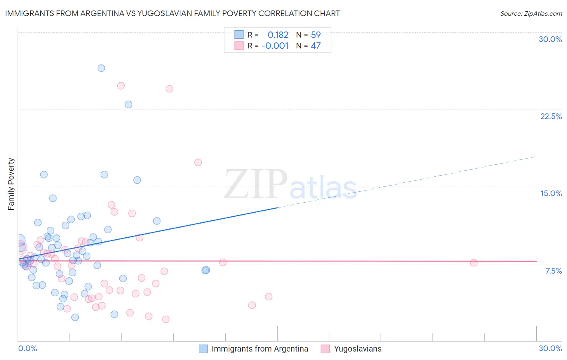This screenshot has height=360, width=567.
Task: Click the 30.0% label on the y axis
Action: pos(550,39)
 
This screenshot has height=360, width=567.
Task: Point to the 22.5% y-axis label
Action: pos(551,116)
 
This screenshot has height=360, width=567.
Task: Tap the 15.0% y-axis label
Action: pos(551,193)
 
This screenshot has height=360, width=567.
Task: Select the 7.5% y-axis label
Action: pos(553,271)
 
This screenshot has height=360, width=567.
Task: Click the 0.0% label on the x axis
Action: pos(27,348)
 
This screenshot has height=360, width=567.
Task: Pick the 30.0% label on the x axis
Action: pos(550,348)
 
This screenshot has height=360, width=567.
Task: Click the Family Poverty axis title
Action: pos(11,184)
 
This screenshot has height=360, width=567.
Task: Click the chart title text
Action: pos(172,13)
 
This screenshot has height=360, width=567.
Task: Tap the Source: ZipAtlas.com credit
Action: pos(531,13)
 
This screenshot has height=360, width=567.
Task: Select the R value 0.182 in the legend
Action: pos(278,35)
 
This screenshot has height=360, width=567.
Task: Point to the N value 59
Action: pos(315,35)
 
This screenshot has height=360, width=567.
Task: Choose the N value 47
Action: pos(315,46)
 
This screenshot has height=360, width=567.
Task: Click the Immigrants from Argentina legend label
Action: pos(260,349)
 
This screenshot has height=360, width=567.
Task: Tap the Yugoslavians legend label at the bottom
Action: pos(357,349)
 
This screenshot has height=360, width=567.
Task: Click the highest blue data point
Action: pos(101,68)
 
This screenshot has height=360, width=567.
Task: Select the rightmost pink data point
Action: pos(474,263)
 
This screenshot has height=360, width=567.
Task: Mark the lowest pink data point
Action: pos(166,319)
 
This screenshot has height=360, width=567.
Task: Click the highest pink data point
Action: pos(121,86)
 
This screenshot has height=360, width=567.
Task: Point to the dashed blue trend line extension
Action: pos(407,181)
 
